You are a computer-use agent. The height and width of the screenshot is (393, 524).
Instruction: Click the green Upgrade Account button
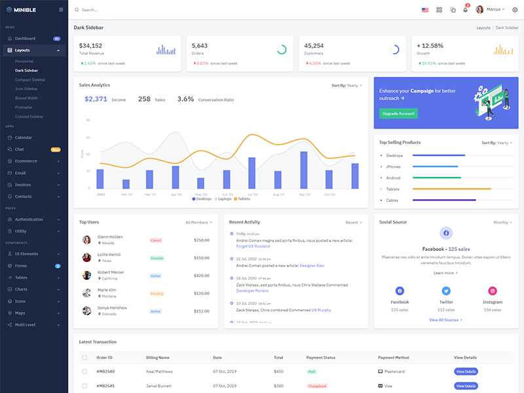398,113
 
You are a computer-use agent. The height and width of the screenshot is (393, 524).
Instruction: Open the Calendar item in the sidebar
24,138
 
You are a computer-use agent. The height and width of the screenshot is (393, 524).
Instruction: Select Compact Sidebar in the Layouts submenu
30,79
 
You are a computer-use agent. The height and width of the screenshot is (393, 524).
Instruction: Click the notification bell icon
466,10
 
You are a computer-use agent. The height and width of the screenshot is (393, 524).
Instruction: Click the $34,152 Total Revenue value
90,46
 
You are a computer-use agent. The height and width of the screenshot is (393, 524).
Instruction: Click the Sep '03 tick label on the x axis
305,195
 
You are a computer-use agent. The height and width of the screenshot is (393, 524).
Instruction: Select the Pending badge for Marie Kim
157,293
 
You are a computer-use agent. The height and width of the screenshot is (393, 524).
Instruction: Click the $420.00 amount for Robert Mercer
201,276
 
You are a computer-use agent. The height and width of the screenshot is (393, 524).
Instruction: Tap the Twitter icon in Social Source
446,291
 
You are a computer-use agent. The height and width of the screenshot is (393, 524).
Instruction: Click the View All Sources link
445,320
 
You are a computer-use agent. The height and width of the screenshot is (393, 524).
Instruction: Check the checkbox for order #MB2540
84,371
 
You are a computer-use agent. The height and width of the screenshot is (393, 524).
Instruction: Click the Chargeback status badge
317,386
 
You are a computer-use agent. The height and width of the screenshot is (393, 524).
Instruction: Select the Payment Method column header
393,358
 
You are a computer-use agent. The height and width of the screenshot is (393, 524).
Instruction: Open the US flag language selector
425,10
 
